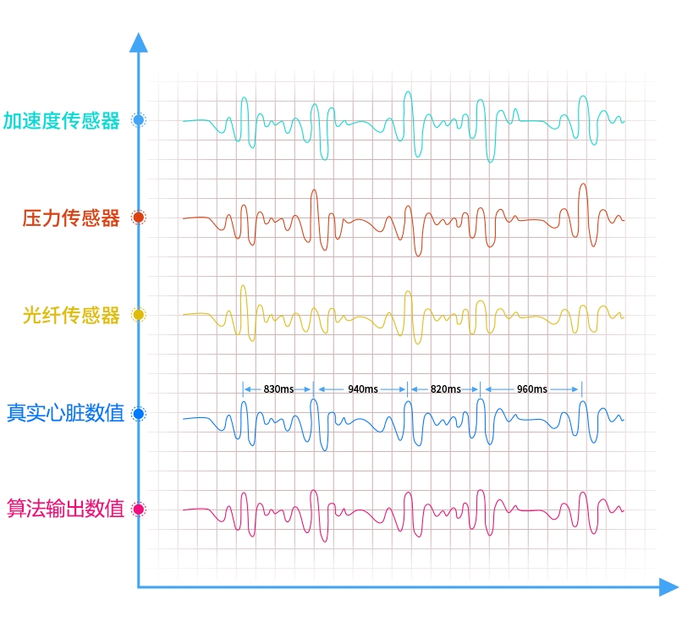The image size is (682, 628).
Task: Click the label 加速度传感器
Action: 61,120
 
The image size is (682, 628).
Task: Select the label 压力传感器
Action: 71,218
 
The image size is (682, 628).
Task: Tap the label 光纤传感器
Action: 71,315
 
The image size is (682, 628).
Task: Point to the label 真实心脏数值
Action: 66,412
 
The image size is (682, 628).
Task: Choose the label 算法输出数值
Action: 66,509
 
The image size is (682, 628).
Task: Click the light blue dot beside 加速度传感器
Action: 139,119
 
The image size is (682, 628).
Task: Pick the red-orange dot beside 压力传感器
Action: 139,218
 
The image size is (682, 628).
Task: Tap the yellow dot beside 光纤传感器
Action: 139,315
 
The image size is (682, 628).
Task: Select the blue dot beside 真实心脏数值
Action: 139,413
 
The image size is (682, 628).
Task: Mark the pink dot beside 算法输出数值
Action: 139,510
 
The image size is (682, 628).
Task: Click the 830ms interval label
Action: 278,389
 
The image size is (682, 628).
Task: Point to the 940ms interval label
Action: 363,389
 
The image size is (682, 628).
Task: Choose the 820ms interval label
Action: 445,389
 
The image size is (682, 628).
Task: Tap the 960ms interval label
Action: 532,389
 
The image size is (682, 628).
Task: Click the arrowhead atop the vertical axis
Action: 138,42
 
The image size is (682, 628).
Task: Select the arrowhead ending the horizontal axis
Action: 669,587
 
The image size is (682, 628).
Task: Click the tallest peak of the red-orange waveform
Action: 583,185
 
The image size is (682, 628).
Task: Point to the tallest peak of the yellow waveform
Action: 243,286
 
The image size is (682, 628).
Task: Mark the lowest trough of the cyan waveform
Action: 490,162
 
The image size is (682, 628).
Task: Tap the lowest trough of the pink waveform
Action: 325,541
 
